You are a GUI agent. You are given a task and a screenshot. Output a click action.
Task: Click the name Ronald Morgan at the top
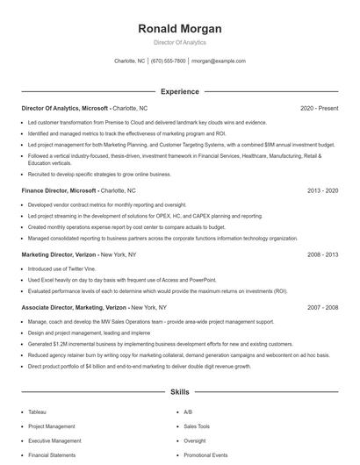tap(179, 29)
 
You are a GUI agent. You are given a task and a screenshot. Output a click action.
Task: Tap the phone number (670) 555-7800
tap(169, 61)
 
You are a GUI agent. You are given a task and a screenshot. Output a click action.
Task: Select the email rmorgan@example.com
tap(219, 61)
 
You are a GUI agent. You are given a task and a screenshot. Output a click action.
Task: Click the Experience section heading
tap(179, 91)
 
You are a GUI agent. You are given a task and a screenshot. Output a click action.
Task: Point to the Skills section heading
tap(179, 391)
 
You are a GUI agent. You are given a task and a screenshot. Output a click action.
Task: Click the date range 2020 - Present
tap(319, 108)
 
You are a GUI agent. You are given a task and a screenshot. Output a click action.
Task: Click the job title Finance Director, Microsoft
tap(58, 190)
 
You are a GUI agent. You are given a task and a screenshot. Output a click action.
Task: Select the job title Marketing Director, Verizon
tap(60, 254)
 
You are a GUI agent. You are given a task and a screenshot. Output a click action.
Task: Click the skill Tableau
tap(37, 411)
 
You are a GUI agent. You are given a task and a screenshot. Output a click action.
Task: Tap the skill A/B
tap(187, 411)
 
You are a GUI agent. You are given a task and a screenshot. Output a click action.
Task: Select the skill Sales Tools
tap(196, 426)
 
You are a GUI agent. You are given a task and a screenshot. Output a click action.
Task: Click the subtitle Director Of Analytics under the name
tap(179, 42)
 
